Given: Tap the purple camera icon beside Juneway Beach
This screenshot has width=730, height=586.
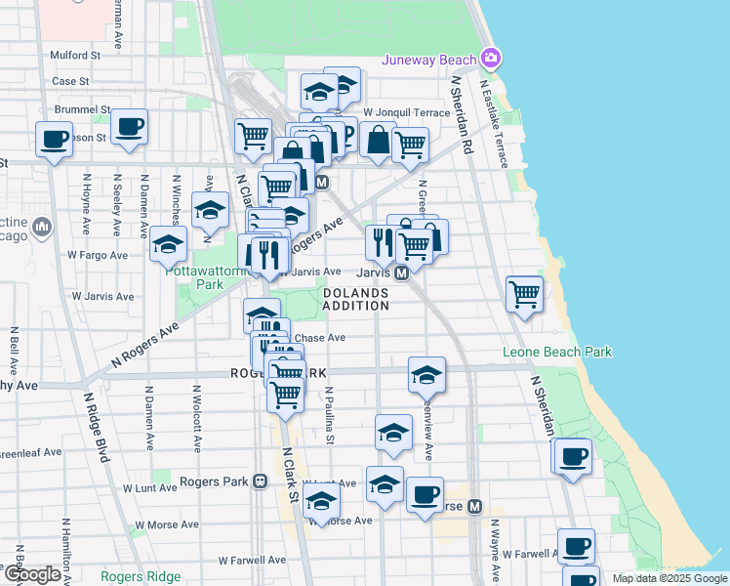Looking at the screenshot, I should pyautogui.click(x=490, y=60).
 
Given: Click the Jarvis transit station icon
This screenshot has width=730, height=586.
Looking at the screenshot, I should pyautogui.click(x=401, y=274).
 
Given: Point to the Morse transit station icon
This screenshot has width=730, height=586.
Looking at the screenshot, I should pyautogui.click(x=474, y=507).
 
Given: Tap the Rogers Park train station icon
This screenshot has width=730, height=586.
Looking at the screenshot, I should pyautogui.click(x=260, y=481).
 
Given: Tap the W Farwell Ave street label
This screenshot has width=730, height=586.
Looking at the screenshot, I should pyautogui.click(x=252, y=561).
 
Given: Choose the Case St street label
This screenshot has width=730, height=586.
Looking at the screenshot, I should pyautogui.click(x=70, y=81).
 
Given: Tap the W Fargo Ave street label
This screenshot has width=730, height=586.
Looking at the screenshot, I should pyautogui.click(x=98, y=256).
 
